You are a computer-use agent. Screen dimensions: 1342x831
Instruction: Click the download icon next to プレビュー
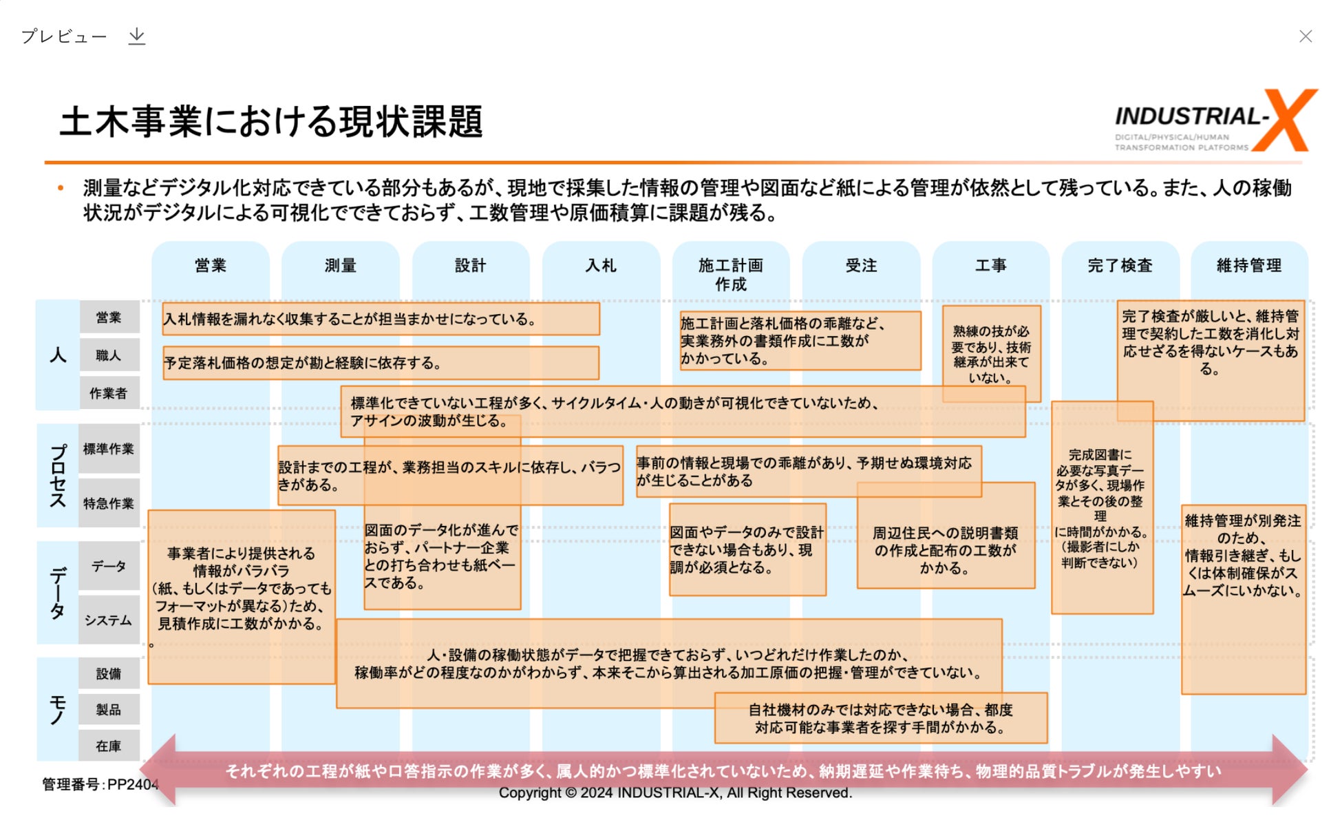coord(137,36)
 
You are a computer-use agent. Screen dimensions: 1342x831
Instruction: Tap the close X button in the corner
coord(1305,36)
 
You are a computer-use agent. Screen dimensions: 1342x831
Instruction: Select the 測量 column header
coord(340,266)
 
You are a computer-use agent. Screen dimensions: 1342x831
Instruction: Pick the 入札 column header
coord(601,266)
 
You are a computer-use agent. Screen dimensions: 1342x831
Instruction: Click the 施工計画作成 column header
coord(730,275)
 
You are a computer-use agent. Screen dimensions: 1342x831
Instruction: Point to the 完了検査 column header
coord(1120,266)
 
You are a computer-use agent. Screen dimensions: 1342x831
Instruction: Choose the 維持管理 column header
coord(1249,266)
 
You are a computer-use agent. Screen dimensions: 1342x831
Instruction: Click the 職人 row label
coord(109,355)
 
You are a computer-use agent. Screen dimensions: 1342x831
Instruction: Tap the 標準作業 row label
coord(109,449)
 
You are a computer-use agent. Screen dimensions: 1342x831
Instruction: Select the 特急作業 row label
coord(109,503)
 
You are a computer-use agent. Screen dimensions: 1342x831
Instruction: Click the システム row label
coord(109,620)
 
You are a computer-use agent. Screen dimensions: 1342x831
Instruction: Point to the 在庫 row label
coord(109,746)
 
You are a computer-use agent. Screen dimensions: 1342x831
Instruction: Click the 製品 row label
coord(109,709)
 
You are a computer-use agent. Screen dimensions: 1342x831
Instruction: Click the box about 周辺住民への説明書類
coord(945,549)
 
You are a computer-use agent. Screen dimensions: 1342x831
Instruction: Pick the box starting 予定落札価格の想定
coord(381,363)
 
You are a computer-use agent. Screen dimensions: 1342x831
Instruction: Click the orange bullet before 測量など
coord(61,187)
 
